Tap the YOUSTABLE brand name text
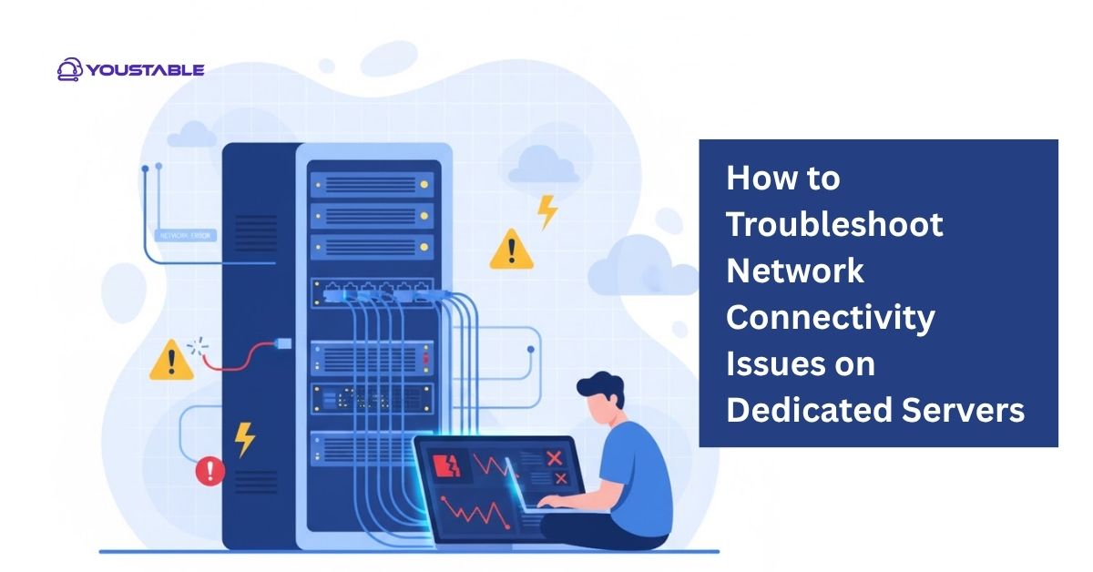(146, 70)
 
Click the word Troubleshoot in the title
(833, 224)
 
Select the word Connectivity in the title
(830, 317)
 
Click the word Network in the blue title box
(794, 271)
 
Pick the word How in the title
(755, 178)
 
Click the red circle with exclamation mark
(210, 470)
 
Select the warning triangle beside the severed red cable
(170, 361)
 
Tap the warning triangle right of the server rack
(511, 250)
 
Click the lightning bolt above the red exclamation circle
(244, 438)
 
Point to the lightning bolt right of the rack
(546, 211)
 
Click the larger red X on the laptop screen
(553, 458)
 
